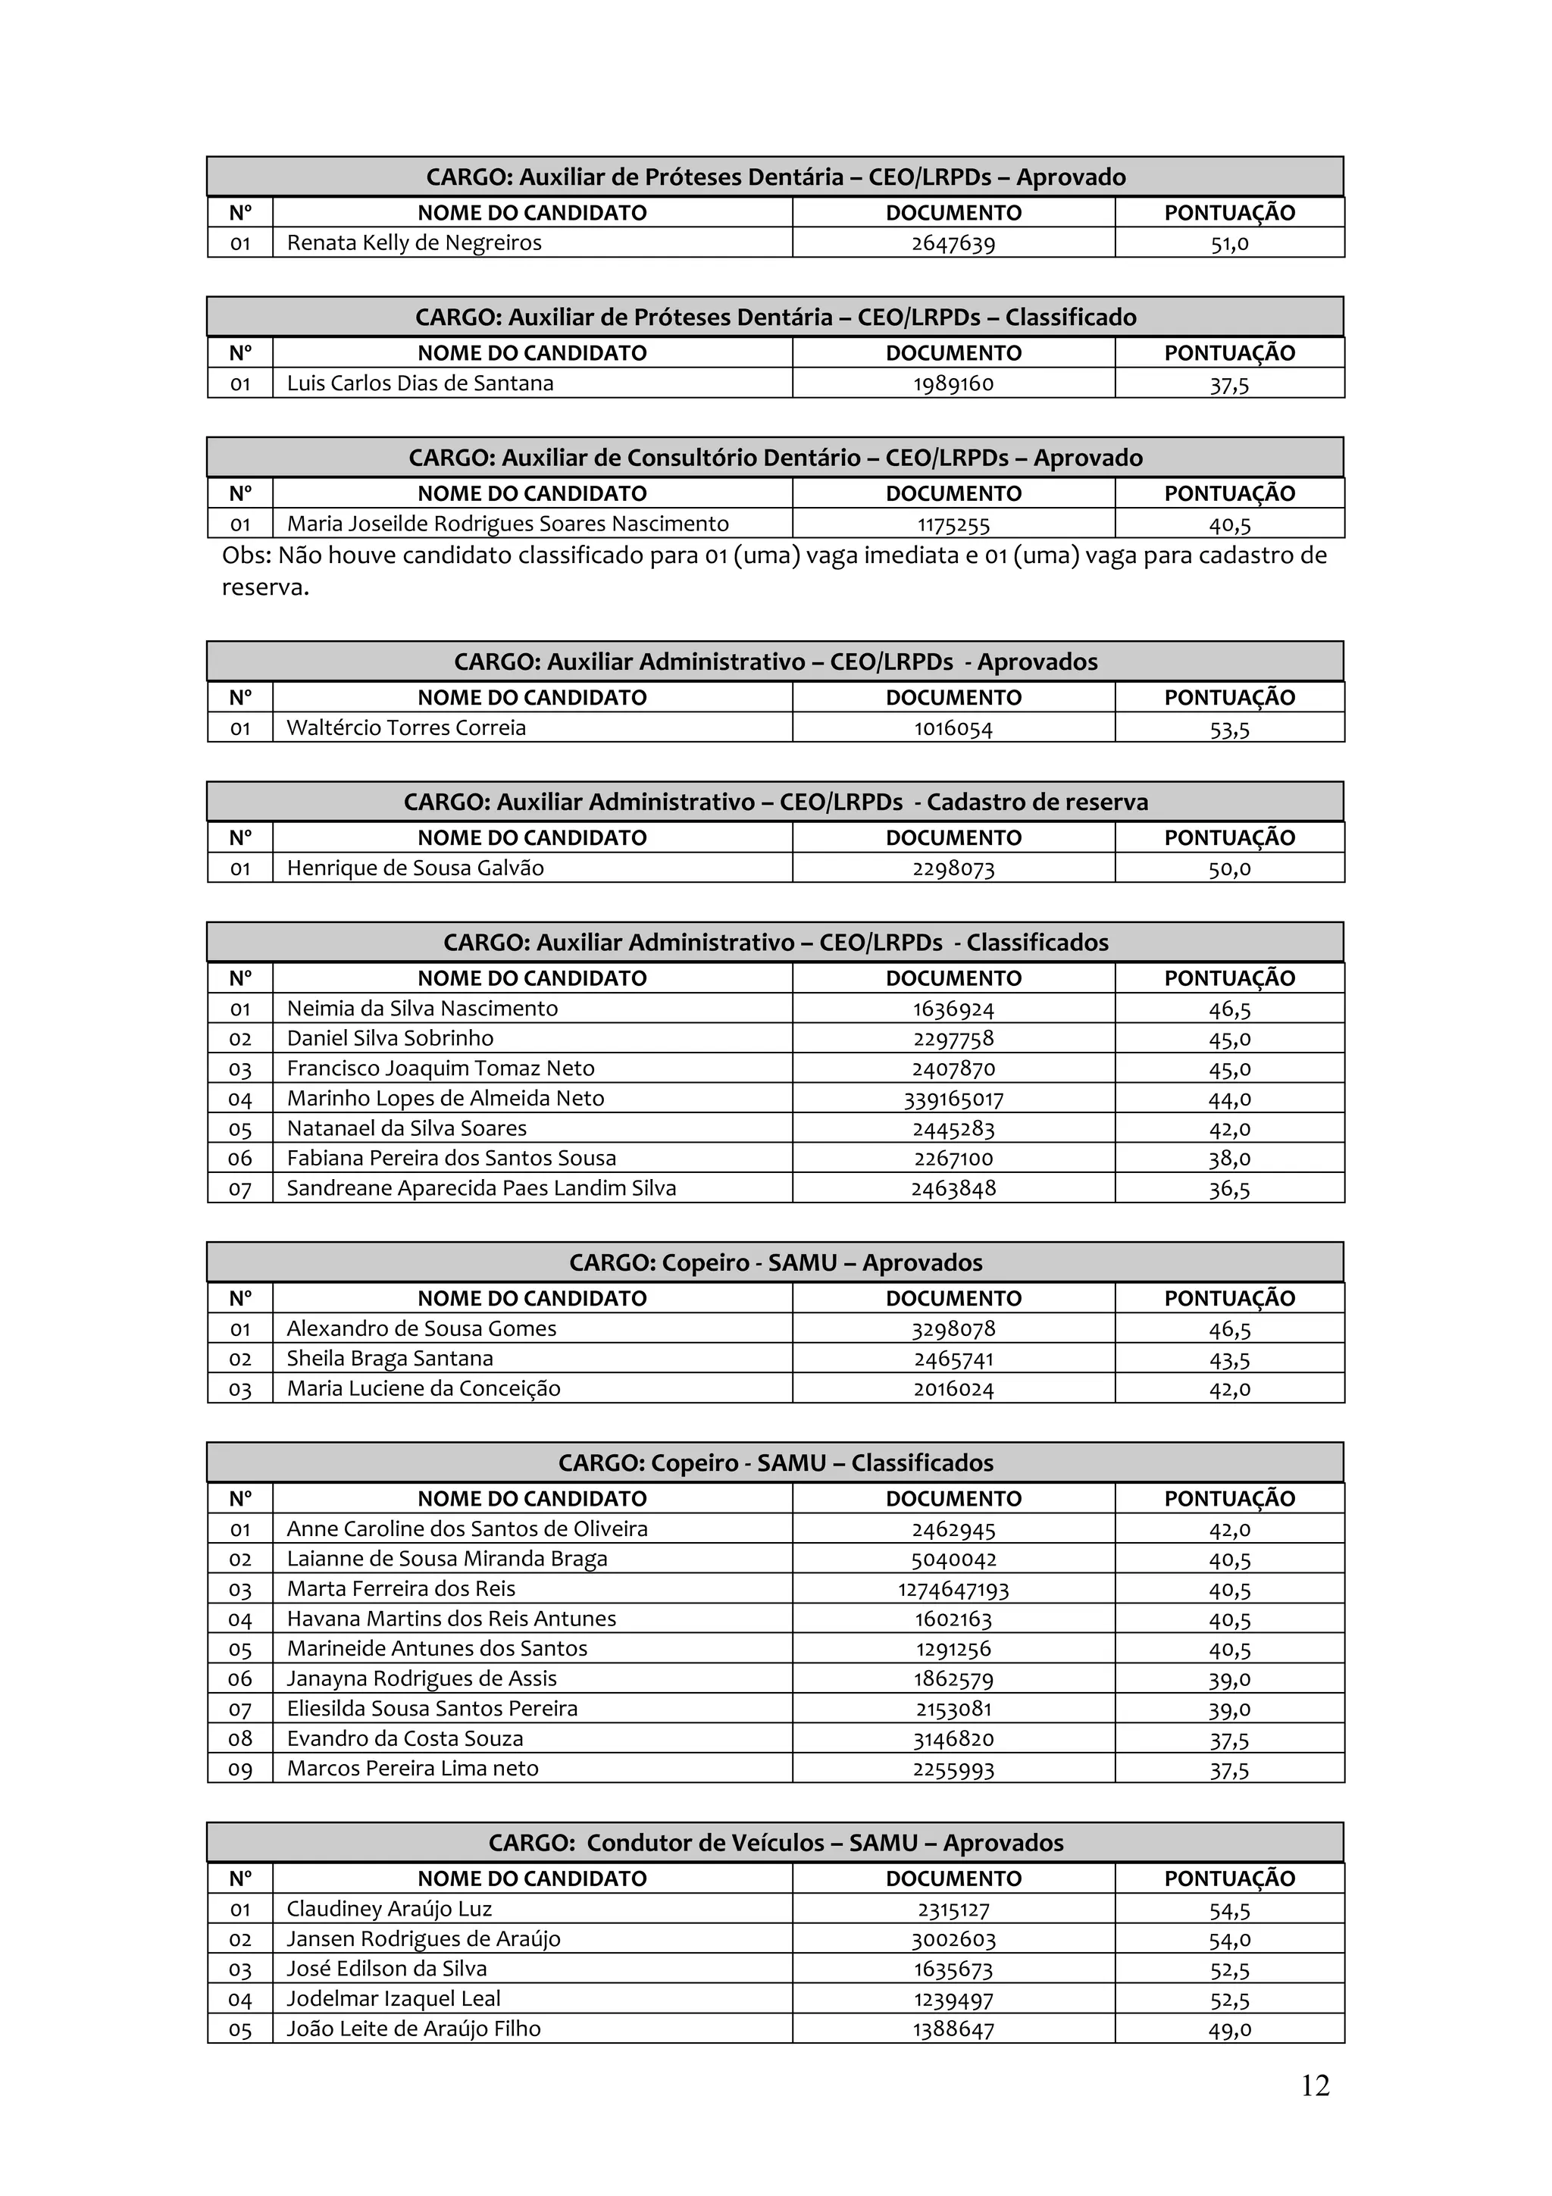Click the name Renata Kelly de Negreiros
click(x=414, y=243)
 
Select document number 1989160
click(x=953, y=383)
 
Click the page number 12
click(x=1315, y=2085)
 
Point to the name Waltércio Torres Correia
click(x=406, y=728)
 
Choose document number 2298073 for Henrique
click(x=953, y=868)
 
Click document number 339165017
click(x=953, y=1099)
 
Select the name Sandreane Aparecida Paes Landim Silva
click(x=481, y=1188)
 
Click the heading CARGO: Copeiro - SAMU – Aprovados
click(x=775, y=1262)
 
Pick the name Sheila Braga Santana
click(x=390, y=1358)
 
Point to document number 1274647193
click(x=953, y=1590)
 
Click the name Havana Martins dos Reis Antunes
click(x=452, y=1619)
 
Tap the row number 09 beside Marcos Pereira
click(x=240, y=1769)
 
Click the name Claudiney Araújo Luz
click(x=390, y=1909)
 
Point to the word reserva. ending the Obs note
click(x=266, y=587)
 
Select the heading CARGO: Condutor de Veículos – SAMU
click(x=775, y=1843)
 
